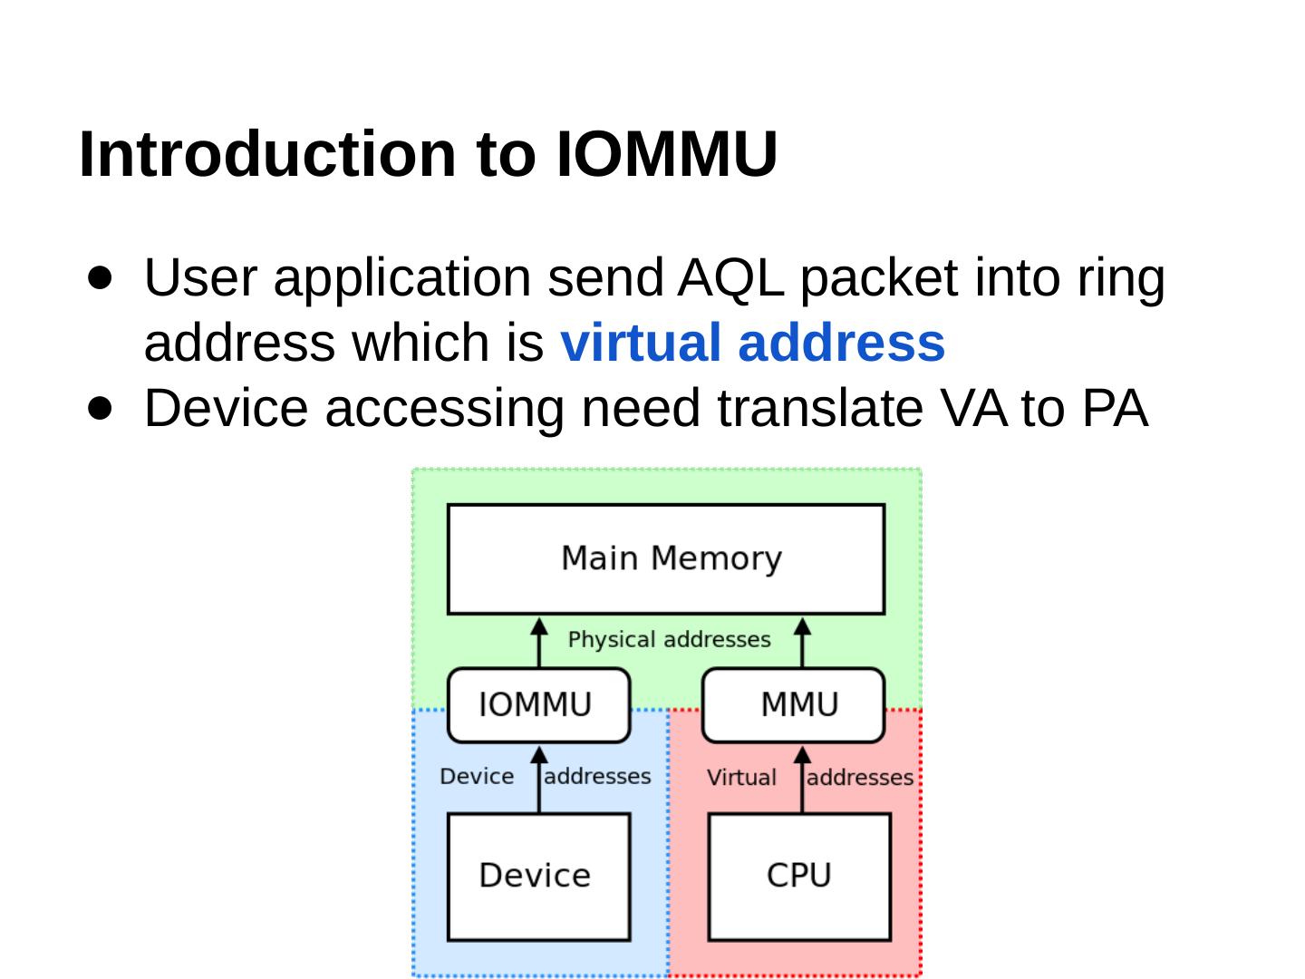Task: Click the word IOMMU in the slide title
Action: (666, 154)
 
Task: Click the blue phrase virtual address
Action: (753, 343)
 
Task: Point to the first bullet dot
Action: (101, 276)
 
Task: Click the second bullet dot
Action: (101, 408)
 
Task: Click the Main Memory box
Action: (666, 558)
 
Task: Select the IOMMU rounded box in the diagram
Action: (538, 704)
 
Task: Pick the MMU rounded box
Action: (794, 704)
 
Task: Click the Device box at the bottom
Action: (538, 876)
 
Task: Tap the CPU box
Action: (798, 876)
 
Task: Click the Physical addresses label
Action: (669, 640)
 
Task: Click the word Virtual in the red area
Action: (741, 778)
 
